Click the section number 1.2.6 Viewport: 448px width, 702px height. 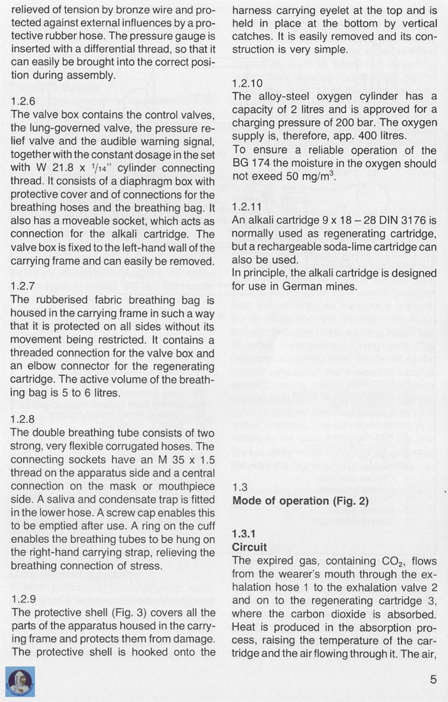pos(23,101)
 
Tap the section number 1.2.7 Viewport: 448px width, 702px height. pos(23,286)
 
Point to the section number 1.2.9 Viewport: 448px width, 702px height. pos(23,598)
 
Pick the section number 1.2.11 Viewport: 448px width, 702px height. pos(247,206)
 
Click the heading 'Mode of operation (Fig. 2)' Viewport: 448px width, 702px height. pos(300,500)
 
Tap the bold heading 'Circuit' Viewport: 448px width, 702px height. pos(249,547)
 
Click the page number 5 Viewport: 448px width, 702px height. pos(433,679)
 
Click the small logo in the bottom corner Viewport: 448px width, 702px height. pos(20,682)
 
